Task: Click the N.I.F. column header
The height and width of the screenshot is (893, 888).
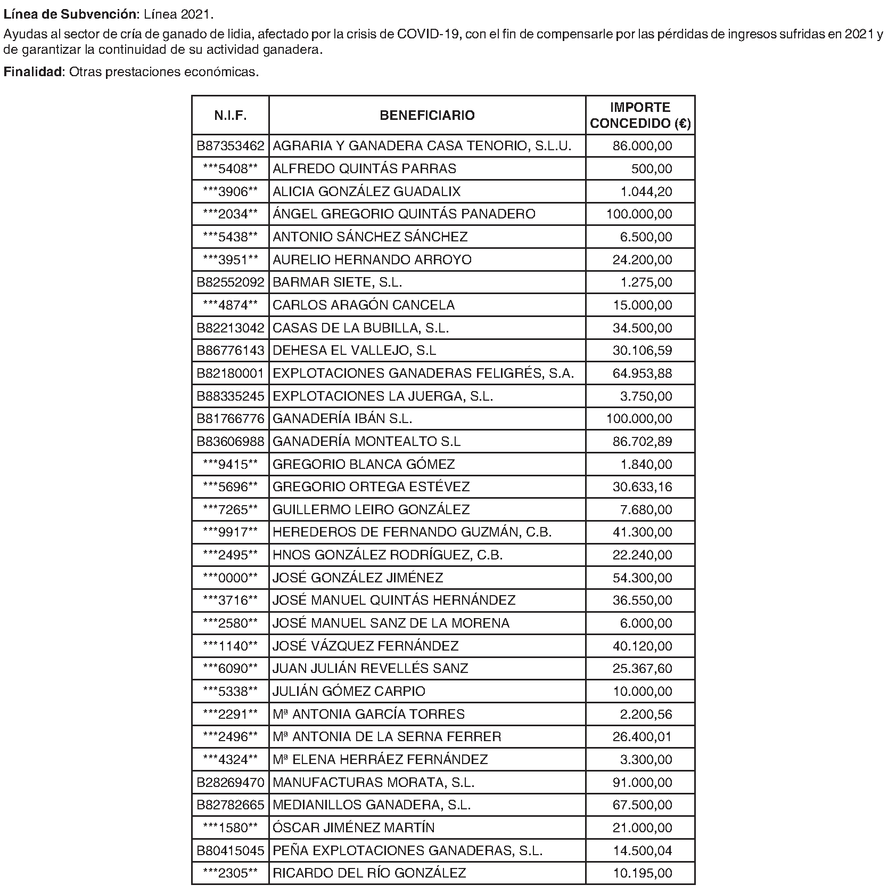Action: (x=230, y=116)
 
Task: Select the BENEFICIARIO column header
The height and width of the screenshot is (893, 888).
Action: (x=427, y=116)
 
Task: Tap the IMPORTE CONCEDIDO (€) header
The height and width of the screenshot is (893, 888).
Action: (x=640, y=116)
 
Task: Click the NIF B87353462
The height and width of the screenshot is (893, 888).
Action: (x=230, y=146)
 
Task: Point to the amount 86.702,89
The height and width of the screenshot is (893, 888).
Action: (x=642, y=442)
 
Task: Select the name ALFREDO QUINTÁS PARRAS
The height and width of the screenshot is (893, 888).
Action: (x=364, y=169)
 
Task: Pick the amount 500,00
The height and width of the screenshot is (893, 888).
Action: (x=652, y=169)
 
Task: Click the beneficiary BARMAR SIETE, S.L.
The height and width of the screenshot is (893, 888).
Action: (x=337, y=282)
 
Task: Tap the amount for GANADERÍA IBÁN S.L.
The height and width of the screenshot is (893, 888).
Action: (x=639, y=419)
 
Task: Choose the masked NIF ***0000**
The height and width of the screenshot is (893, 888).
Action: (x=230, y=578)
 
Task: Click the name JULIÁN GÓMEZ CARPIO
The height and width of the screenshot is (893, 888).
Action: (x=349, y=692)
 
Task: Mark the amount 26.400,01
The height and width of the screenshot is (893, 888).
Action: (x=642, y=737)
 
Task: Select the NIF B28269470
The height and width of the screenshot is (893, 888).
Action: (x=230, y=783)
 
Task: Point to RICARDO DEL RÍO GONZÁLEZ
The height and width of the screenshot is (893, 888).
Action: (x=369, y=873)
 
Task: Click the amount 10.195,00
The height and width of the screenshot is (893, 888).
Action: (x=642, y=873)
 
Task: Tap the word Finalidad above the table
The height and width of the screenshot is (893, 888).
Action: (x=33, y=72)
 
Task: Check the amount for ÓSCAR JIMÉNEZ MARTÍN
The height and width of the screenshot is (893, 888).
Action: (x=642, y=828)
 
